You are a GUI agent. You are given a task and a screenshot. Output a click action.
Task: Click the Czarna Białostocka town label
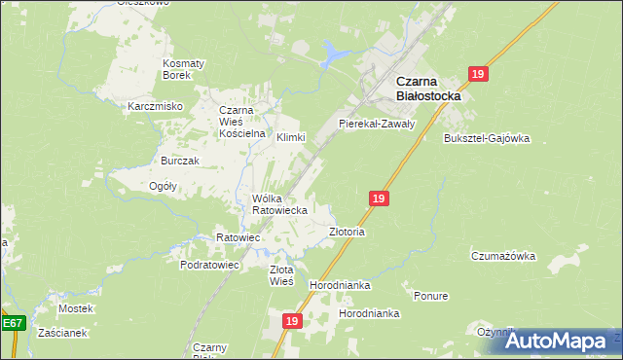coord(429,90)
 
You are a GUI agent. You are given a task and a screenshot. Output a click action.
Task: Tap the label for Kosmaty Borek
coord(183,69)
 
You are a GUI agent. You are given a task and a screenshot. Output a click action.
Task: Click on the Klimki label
coord(291,138)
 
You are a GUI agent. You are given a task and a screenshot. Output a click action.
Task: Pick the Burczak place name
coord(180,161)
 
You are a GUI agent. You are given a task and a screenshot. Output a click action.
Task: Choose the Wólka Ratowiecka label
coord(280,204)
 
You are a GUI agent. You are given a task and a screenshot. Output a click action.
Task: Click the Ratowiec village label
coord(238,237)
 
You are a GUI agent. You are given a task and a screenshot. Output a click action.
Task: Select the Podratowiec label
coord(209,265)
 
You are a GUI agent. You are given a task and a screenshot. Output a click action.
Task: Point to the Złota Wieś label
coord(281,275)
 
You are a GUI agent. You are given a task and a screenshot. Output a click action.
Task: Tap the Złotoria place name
coord(347,233)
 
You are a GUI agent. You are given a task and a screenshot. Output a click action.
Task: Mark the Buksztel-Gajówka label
coord(487,138)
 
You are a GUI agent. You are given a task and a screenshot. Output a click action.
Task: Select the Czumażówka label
coord(503,257)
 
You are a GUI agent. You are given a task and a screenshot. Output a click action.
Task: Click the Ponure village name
coord(430,296)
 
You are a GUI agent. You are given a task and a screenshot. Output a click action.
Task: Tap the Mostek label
coord(75,308)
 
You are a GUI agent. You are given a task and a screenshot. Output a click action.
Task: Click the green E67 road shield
coord(12,323)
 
